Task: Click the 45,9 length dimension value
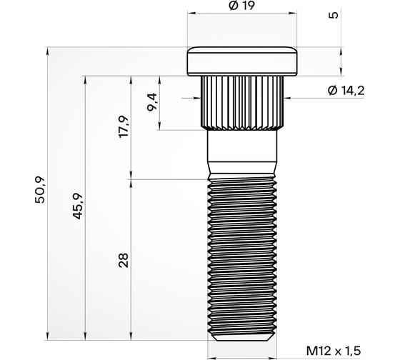tap(79, 207)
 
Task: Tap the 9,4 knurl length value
tap(151, 104)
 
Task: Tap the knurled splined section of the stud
tap(242, 100)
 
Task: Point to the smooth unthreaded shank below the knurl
tap(242, 154)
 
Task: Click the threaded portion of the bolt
tap(242, 257)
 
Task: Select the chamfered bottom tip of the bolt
tap(242, 336)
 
